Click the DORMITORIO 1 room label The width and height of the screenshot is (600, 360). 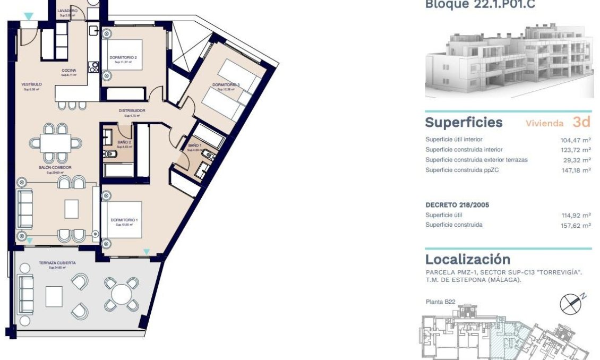(124, 220)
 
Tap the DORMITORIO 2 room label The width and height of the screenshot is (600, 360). (123, 57)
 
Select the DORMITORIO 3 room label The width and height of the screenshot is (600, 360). (226, 85)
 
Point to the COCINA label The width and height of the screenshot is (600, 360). (68, 71)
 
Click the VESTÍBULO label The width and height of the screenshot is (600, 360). (31, 84)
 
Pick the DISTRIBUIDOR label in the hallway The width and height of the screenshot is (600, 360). (132, 110)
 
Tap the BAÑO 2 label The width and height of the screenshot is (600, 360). (124, 142)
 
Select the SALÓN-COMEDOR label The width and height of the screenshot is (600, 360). (55, 167)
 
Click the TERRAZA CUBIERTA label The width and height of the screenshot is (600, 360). (57, 263)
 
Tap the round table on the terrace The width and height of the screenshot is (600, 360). (122, 294)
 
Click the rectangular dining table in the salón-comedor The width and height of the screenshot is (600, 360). (56, 143)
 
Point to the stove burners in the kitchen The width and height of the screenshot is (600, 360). (94, 67)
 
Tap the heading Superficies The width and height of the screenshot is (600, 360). (464, 123)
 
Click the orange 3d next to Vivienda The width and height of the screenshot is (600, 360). (581, 122)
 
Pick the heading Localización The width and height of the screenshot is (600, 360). (467, 260)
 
